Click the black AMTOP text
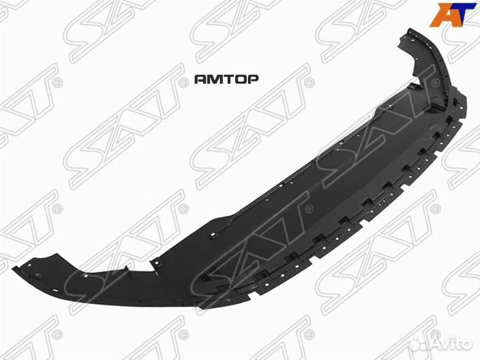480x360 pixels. click(226, 79)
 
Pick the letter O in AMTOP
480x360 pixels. click(239, 79)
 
